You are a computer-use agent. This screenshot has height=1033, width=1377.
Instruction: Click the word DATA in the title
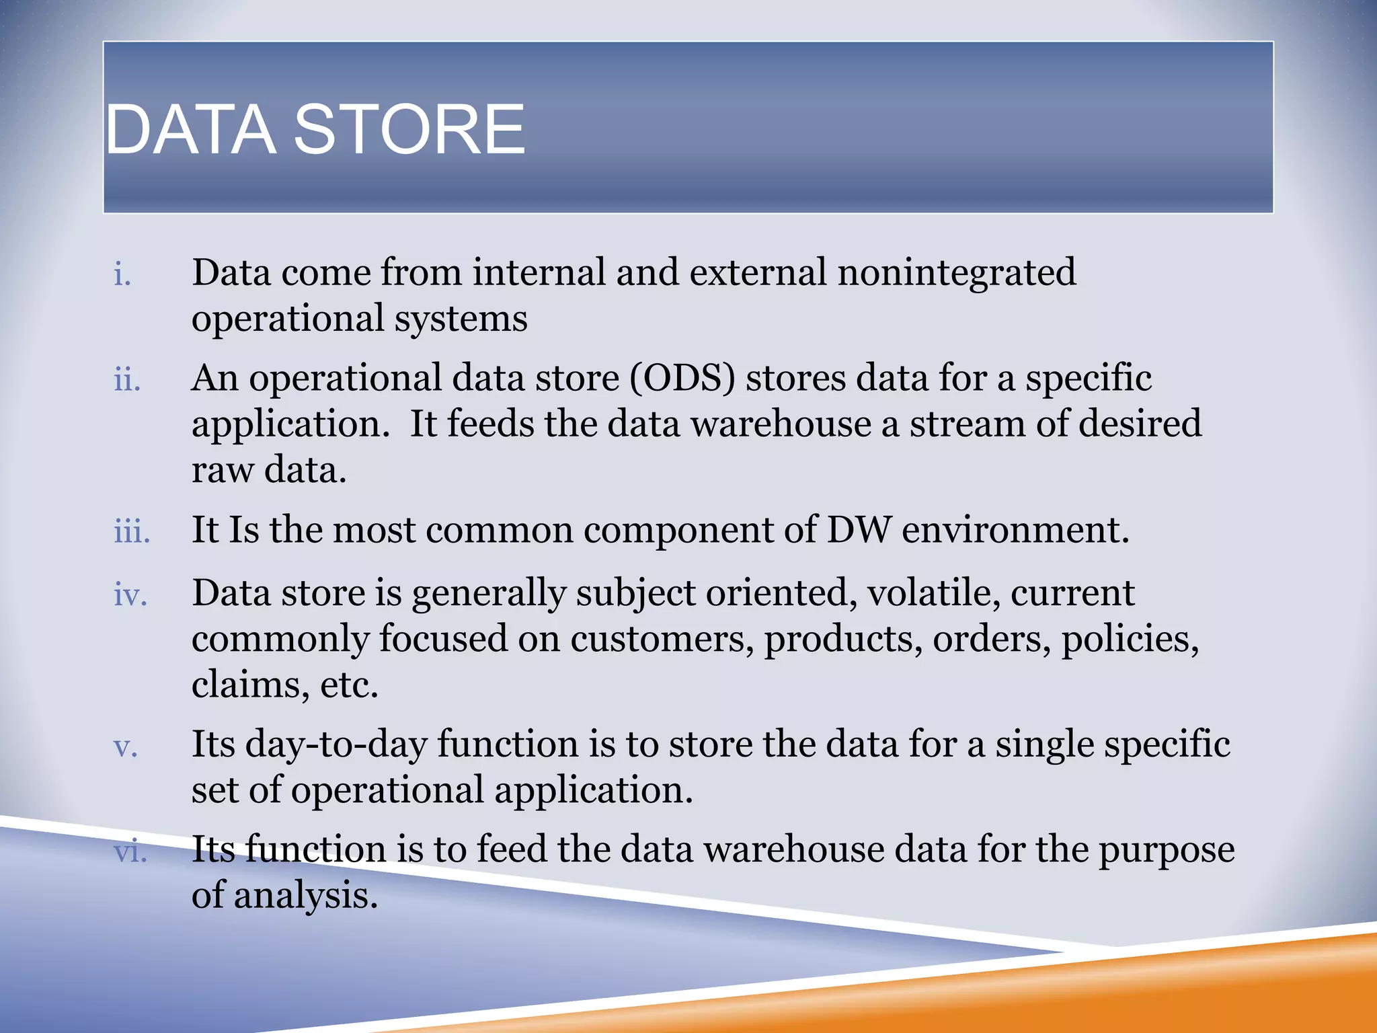point(191,129)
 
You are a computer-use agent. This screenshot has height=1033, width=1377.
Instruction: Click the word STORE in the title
point(409,129)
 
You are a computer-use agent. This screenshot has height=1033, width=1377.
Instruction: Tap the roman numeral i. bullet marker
point(122,275)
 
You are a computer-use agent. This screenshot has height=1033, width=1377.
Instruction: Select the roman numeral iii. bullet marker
point(132,532)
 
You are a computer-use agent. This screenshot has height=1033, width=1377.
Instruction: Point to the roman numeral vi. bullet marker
point(130,851)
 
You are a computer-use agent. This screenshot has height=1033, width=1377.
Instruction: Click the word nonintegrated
point(956,272)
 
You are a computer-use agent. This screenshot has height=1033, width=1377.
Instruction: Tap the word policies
point(1130,639)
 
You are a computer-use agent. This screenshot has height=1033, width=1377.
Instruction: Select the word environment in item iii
point(1015,530)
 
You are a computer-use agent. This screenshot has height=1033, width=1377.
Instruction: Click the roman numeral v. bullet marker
point(126,747)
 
